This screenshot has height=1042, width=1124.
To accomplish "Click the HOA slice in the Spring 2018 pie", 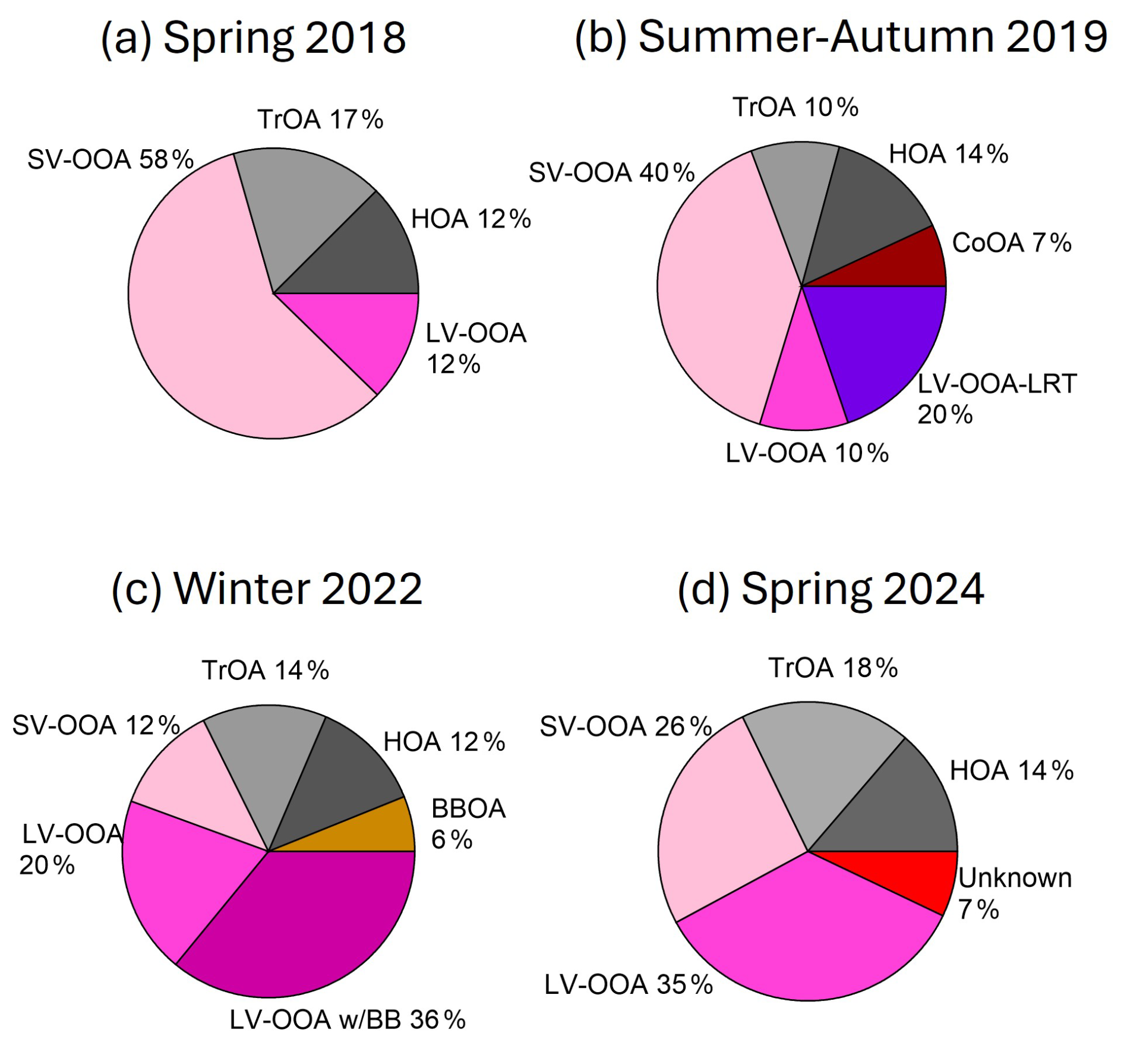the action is point(362,256).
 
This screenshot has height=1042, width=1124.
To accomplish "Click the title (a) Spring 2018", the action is point(254,38).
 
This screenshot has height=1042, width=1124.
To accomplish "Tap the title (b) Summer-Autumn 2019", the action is point(841,37).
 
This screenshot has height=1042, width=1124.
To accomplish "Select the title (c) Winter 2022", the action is point(267,589).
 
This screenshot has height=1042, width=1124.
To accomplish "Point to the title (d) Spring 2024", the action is point(831,589).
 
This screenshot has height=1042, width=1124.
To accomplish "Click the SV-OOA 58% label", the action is point(111,159).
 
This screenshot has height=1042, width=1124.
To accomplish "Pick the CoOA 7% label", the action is point(1012,243).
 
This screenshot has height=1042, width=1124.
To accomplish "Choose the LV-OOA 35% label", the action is point(629,984).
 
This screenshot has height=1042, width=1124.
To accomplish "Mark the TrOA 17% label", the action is point(321,119).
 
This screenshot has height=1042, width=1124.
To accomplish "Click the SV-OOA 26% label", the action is point(626,726).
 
